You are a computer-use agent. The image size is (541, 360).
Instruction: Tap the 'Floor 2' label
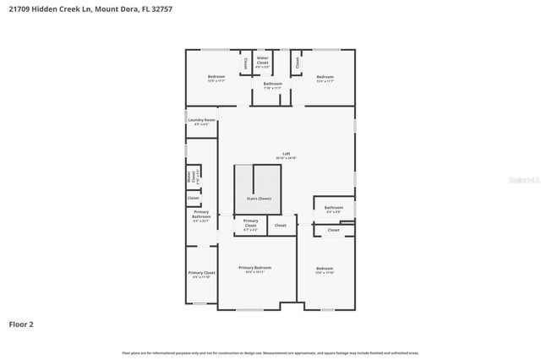22,324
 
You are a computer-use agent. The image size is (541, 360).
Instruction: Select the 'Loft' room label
286,155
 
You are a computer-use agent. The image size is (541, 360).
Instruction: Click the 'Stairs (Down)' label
258,198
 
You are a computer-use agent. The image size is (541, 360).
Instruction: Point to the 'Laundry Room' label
202,121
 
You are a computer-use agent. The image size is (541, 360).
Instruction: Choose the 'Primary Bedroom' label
254,269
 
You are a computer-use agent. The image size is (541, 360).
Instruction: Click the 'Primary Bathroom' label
200,215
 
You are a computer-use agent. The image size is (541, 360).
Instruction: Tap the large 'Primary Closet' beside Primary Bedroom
201,274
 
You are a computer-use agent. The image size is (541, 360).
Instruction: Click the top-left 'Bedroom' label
216,77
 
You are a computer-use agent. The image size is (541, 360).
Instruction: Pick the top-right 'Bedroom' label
325,77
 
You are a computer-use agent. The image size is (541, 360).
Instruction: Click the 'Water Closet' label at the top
262,61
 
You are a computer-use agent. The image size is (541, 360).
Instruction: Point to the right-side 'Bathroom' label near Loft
334,208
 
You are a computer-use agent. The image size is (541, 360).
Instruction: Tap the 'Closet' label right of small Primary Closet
281,226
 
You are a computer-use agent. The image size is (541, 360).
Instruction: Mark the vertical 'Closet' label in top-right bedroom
298,63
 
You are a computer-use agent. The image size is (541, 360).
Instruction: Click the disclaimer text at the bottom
270,352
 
